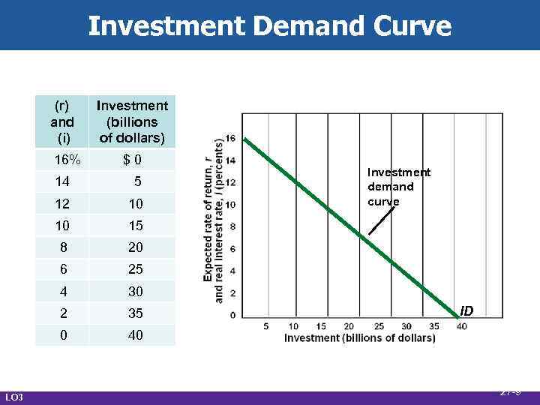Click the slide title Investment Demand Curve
270,26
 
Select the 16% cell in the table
63,159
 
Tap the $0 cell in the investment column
132,159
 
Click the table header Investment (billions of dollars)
132,122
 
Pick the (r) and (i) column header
62,122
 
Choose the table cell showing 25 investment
135,268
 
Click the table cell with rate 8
63,247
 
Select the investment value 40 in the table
135,335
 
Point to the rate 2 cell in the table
63,313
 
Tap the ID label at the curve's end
466,310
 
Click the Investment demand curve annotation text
398,187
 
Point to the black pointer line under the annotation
380,222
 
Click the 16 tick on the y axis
230,138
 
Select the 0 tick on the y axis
233,315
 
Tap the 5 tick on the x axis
266,326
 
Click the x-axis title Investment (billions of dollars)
359,338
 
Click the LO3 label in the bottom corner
14,396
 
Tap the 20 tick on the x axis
349,326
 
